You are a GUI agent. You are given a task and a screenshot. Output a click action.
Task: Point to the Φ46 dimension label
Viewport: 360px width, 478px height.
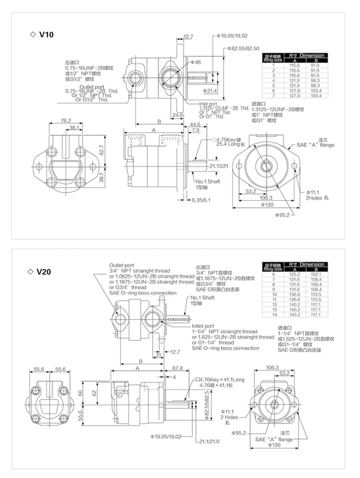[195, 62]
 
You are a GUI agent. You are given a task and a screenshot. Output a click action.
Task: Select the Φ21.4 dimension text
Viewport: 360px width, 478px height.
[210, 91]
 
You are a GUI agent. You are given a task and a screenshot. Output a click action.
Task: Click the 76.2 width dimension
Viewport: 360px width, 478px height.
[66, 121]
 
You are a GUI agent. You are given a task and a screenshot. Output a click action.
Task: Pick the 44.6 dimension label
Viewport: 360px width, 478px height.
[195, 124]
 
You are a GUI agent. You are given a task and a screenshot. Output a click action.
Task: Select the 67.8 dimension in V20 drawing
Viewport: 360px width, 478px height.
[177, 367]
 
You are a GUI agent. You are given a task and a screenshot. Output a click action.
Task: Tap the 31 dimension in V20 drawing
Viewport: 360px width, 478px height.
[158, 354]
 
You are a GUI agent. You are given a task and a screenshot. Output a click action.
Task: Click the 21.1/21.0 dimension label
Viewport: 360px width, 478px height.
[209, 441]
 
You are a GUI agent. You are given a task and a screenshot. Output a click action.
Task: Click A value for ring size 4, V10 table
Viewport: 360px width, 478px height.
[295, 80]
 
